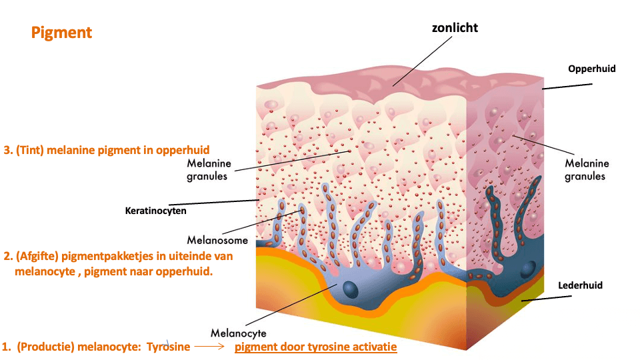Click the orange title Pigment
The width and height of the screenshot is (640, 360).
click(61, 33)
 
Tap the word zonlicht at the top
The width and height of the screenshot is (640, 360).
click(455, 27)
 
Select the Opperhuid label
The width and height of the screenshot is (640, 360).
click(591, 69)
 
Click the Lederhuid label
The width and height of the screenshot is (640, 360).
click(579, 285)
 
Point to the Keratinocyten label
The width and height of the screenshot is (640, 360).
click(156, 211)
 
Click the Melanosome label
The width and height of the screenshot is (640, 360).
click(217, 240)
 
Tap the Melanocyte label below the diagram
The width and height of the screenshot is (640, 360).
click(239, 333)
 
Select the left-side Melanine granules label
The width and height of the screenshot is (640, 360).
click(209, 170)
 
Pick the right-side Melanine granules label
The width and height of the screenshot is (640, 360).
click(587, 170)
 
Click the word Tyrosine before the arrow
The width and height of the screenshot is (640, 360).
click(168, 347)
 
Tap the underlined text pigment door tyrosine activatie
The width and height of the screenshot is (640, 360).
click(315, 347)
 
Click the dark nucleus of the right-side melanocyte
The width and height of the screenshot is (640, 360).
click(528, 269)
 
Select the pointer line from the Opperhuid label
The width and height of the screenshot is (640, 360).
click(567, 86)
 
